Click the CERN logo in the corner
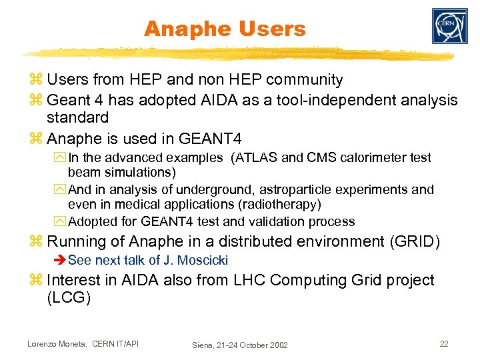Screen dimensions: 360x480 [449, 27]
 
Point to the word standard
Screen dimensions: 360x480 [77, 118]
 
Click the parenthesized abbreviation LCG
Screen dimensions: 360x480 [69, 298]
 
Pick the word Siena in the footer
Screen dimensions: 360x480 [203, 345]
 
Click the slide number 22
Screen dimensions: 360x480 [444, 343]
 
